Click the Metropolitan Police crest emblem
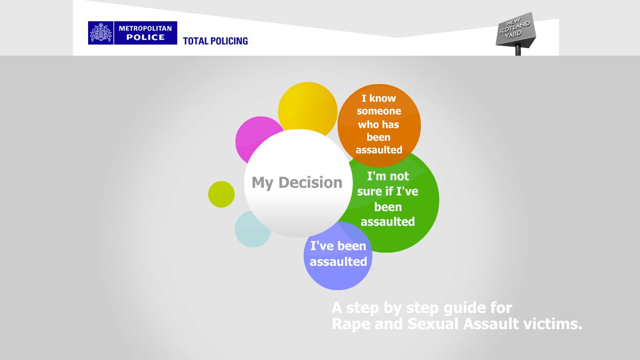pyautogui.click(x=101, y=33)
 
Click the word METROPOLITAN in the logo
pyautogui.click(x=145, y=28)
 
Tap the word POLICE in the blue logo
pyautogui.click(x=145, y=37)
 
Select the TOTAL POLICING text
pyautogui.click(x=215, y=41)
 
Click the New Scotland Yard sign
pyautogui.click(x=516, y=30)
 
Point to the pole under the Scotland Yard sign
pyautogui.click(x=518, y=50)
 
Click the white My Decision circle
pyautogui.click(x=298, y=183)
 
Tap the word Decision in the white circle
pyautogui.click(x=310, y=182)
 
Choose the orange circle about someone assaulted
pyautogui.click(x=379, y=126)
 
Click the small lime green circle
pyautogui.click(x=221, y=194)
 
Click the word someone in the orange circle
pyautogui.click(x=379, y=111)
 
